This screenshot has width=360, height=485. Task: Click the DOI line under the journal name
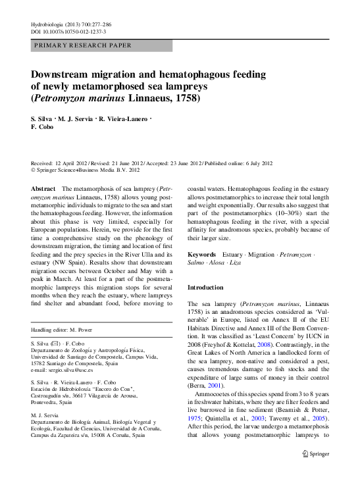pyautogui.click(x=68, y=31)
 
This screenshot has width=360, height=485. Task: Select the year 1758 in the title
pyautogui.click(x=186, y=99)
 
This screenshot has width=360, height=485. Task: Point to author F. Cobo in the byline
pyautogui.click(x=42, y=126)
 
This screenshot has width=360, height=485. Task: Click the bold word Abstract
pyautogui.click(x=43, y=188)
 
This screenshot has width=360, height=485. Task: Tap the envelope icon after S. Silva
pyautogui.click(x=57, y=344)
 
